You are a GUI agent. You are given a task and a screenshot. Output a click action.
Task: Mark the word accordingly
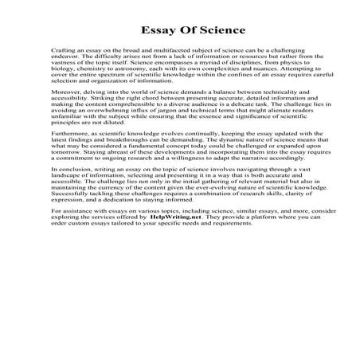click(x=274, y=190)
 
